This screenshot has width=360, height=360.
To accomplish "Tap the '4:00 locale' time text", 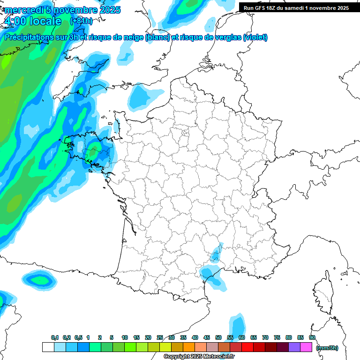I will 32,21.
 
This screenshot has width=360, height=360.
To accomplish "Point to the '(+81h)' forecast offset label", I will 81,21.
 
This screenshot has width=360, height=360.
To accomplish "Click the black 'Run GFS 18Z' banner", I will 296,7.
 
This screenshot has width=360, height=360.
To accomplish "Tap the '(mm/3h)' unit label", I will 327,347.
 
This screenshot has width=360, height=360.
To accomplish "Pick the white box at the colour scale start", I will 48,347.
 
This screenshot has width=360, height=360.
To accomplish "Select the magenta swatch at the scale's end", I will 306,347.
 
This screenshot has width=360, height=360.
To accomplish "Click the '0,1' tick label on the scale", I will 55,337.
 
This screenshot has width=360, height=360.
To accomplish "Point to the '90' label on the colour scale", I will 312,337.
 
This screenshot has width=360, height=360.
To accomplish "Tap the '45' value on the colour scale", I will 207,337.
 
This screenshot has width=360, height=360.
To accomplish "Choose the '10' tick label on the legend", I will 125,337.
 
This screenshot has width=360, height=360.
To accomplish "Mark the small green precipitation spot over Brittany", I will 93,152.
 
